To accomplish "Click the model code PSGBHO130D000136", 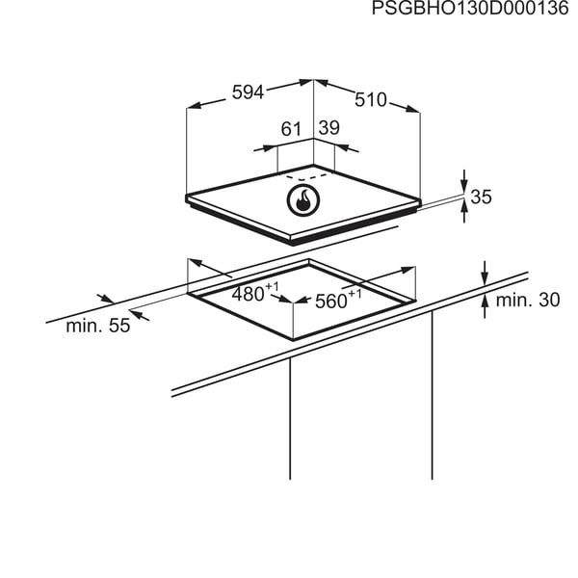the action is [470, 8].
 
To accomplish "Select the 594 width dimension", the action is [249, 92].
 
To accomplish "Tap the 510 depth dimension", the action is [371, 100].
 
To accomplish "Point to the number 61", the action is [291, 129].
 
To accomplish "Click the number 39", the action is [329, 128].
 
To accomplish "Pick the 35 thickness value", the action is [482, 197].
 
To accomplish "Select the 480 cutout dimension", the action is [255, 293].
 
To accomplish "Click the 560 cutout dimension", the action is [338, 300].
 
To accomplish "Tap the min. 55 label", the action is [98, 326].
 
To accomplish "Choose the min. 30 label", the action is [528, 300].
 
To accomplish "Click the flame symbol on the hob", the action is [303, 200].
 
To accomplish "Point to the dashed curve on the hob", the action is [305, 176].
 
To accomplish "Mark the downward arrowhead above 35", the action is [464, 185].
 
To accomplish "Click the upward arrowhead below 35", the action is [464, 208].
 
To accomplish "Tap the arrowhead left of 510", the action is [321, 83].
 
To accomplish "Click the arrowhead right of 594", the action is [306, 82].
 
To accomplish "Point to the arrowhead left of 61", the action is [270, 147].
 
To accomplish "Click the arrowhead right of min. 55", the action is [137, 314].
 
